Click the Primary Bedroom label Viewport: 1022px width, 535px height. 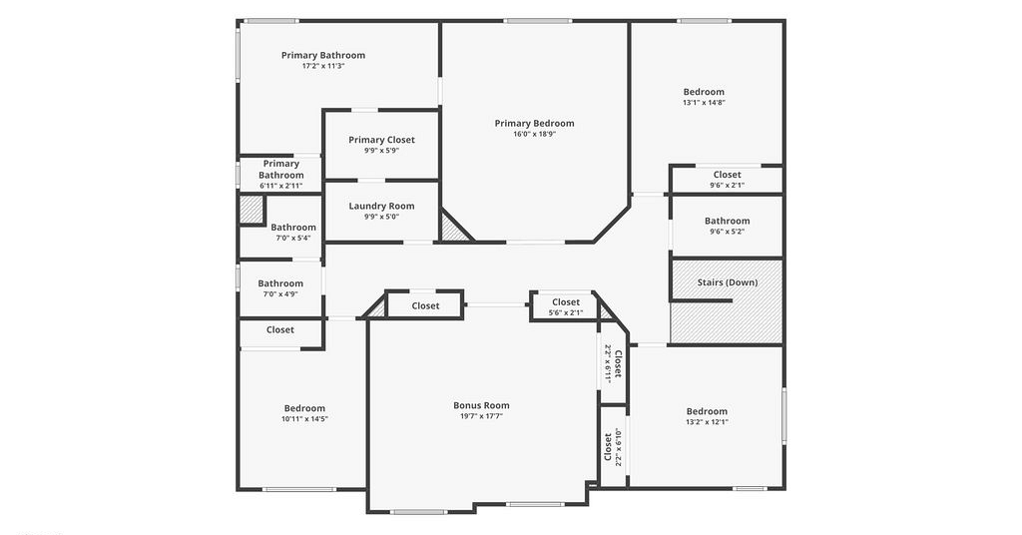tap(535, 123)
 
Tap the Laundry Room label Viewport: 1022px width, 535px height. tap(381, 206)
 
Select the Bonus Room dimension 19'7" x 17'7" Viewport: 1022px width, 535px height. tap(482, 416)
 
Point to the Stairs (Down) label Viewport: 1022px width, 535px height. tap(728, 282)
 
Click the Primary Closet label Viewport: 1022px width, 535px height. tap(381, 140)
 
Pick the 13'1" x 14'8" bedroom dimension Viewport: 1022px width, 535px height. tap(704, 102)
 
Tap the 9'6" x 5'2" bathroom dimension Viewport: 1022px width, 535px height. tap(728, 232)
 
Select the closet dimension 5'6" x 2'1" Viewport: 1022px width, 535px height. tap(566, 312)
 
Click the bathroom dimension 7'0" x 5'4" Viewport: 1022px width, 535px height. tap(293, 238)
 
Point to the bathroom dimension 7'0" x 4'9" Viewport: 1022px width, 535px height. tap(280, 293)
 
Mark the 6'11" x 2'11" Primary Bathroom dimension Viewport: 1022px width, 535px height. tap(280, 186)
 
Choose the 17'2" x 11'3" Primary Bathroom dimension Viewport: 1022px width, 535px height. tap(323, 66)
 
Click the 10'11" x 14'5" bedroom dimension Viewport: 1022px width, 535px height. tap(304, 419)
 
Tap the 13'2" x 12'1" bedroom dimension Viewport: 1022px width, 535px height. tap(707, 421)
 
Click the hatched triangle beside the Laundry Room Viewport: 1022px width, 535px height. tap(452, 230)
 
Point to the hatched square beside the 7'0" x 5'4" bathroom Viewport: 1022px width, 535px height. tap(251, 210)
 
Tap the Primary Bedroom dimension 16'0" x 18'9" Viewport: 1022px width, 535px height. tap(535, 134)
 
